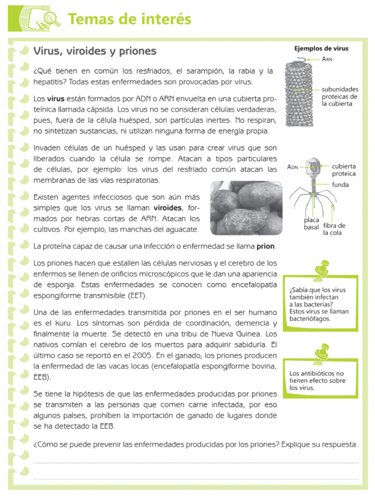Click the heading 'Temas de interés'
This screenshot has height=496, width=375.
point(129,19)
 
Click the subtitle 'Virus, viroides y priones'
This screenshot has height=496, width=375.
point(94,51)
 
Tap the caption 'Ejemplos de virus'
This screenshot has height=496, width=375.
point(321,48)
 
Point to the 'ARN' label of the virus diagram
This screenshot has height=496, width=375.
point(327,59)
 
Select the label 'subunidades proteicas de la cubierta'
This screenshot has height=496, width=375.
point(340,96)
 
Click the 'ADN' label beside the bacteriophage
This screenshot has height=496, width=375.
point(293,167)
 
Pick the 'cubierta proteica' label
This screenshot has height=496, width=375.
point(344,170)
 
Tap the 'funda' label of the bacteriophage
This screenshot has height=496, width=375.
point(340,185)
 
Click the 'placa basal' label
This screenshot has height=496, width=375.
point(311,223)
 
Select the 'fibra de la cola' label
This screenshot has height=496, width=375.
point(334,229)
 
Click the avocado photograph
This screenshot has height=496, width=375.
point(247,207)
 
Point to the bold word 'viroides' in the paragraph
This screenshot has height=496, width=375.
point(167,208)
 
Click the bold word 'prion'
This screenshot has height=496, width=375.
point(266,246)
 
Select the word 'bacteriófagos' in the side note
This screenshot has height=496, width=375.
point(310,319)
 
